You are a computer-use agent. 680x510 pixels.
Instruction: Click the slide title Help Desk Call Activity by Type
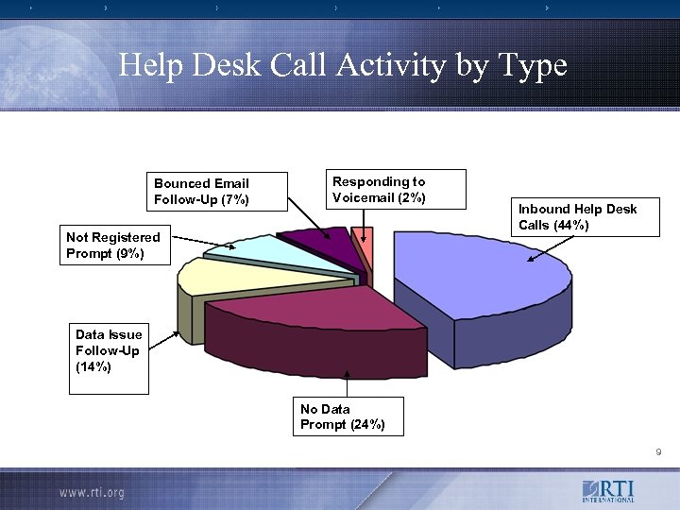click(343, 66)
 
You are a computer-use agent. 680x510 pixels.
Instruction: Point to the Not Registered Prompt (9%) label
click(113, 246)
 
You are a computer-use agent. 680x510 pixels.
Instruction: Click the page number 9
click(658, 453)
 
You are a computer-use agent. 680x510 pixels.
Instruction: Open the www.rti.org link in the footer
click(92, 492)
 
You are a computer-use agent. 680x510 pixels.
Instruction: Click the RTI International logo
click(608, 491)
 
